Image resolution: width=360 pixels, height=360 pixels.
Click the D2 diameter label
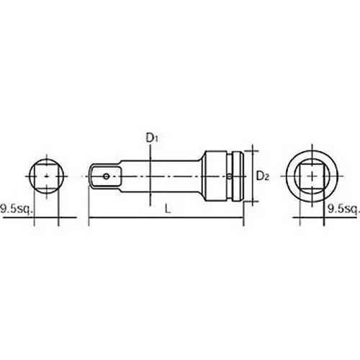pyautogui.click(x=263, y=175)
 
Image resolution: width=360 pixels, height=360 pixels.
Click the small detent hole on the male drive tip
pyautogui.click(x=107, y=174)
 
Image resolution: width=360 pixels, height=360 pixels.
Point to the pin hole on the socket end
pyautogui.click(x=228, y=174)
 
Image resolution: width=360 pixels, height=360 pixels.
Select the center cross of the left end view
pyautogui.click(x=46, y=174)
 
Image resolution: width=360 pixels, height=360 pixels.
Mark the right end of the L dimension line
pyautogui.click(x=243, y=220)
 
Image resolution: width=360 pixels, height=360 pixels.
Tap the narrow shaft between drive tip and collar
pyautogui.click(x=166, y=174)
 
